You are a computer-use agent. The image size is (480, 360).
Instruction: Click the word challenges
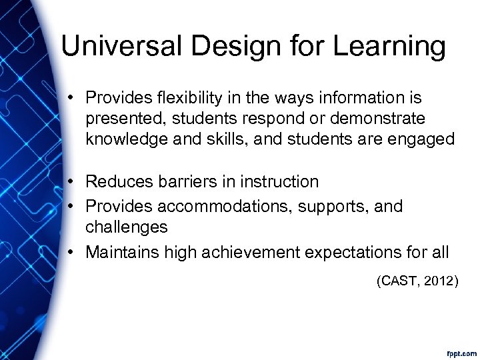pos(126,227)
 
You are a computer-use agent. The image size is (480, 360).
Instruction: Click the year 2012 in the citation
pos(440,282)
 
